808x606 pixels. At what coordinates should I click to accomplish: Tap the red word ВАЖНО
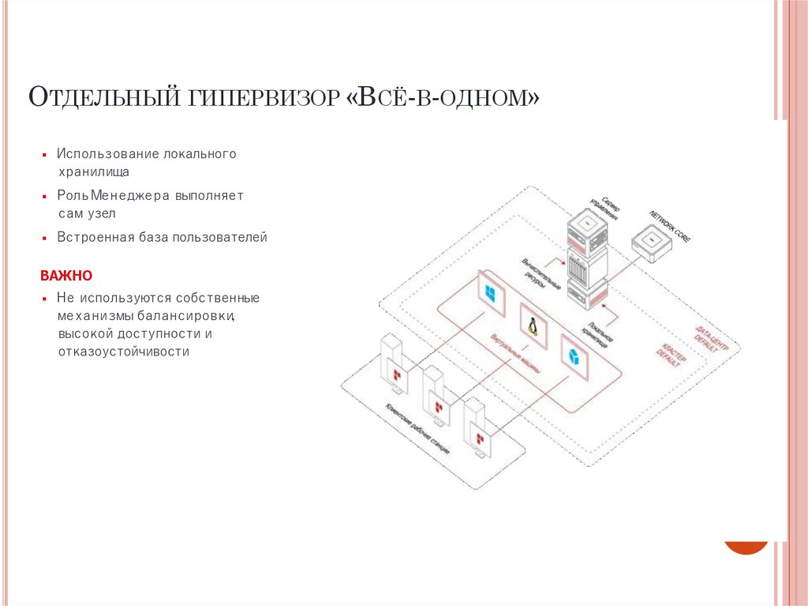click(x=66, y=276)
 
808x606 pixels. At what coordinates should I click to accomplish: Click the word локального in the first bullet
click(x=200, y=153)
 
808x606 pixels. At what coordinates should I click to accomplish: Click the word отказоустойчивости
click(x=123, y=352)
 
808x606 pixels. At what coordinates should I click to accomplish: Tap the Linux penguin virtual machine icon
click(x=533, y=325)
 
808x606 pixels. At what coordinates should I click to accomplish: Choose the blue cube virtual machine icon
click(x=574, y=354)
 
